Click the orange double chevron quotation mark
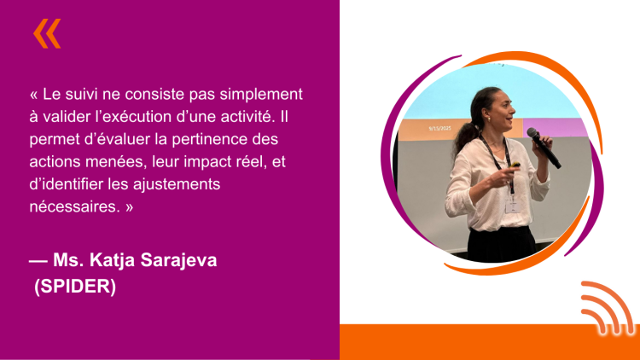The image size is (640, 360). click(x=47, y=33)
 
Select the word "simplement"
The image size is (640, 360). click(x=261, y=95)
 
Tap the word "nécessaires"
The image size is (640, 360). click(x=75, y=207)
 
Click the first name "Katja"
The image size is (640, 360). click(x=112, y=260)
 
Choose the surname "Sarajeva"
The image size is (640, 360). click(x=178, y=260)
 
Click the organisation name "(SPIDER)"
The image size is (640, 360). click(x=75, y=286)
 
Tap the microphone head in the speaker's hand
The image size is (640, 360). click(x=532, y=132)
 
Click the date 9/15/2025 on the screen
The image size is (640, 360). click(x=439, y=128)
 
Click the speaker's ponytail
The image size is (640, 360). click(x=466, y=134)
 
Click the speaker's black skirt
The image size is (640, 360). click(x=501, y=244)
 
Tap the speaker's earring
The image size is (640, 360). click(x=488, y=119)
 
